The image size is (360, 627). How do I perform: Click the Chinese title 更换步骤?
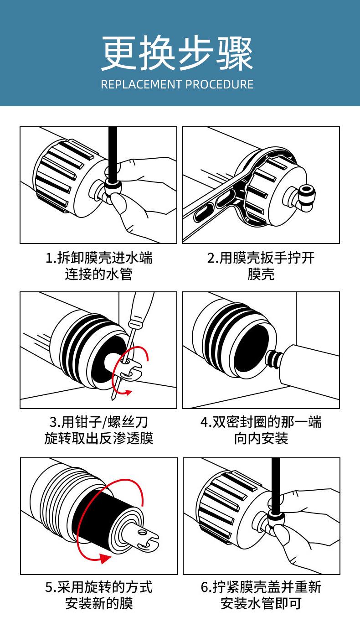(x=177, y=53)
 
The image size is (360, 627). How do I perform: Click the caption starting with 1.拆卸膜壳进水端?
(x=99, y=258)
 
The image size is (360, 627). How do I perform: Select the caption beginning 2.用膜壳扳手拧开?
(x=261, y=258)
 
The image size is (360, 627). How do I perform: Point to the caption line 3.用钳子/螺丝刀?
(x=99, y=422)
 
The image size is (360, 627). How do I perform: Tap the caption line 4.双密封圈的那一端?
(x=261, y=422)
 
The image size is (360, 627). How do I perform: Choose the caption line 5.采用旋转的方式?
(x=99, y=587)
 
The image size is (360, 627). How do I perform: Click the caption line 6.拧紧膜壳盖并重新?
(x=261, y=587)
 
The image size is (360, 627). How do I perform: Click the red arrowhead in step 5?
(x=105, y=559)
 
